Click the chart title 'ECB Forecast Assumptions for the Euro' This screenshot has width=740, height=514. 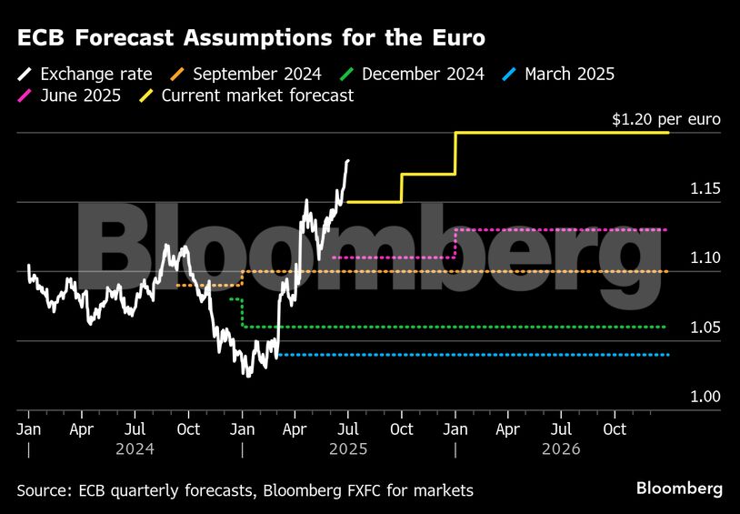point(250,38)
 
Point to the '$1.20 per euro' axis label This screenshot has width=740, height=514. point(666,119)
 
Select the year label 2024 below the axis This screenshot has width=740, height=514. point(135,448)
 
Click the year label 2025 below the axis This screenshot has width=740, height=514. point(348,448)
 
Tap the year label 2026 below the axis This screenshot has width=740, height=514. point(562,448)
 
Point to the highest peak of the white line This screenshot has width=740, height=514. point(348,160)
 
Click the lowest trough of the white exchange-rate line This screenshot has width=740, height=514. point(245,375)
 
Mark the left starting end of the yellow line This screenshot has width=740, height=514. point(348,202)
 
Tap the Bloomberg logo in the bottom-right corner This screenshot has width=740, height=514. point(679,489)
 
